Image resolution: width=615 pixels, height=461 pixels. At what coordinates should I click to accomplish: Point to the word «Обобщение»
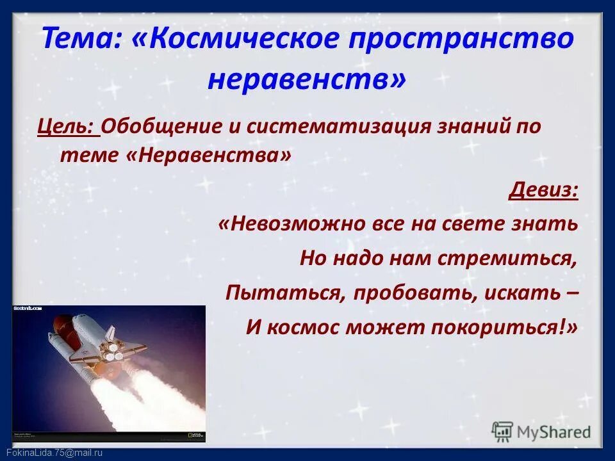(x=161, y=125)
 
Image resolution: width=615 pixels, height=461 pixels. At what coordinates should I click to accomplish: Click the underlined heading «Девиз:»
(x=544, y=190)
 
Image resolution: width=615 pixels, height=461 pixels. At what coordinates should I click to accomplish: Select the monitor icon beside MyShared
(x=503, y=431)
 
